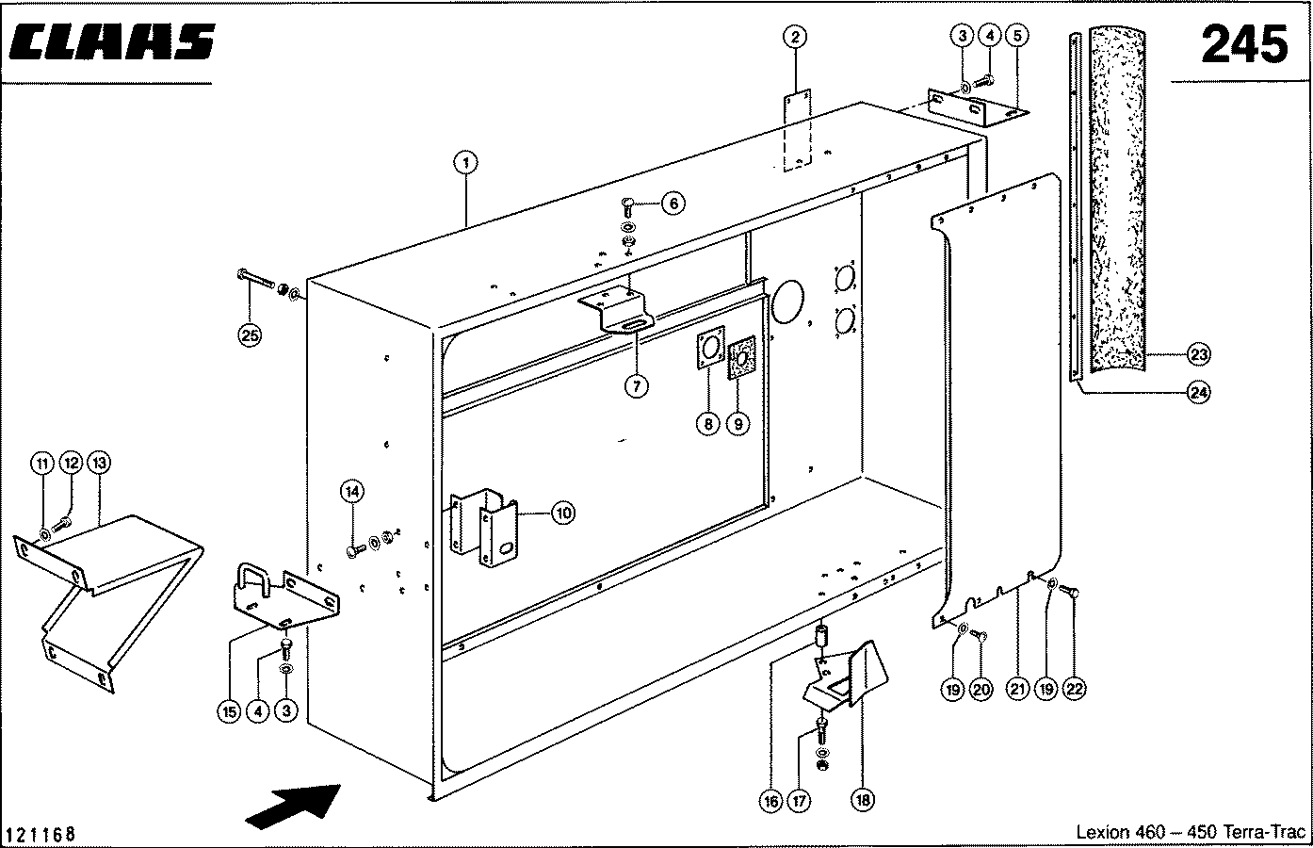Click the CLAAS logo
(x=112, y=41)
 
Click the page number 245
(x=1245, y=44)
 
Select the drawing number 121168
(x=41, y=833)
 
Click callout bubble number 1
(x=466, y=162)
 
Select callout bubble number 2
(x=795, y=38)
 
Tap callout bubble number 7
(x=637, y=386)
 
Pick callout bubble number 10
(x=563, y=514)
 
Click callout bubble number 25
(x=250, y=335)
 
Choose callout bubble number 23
(x=1199, y=354)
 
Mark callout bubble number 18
(x=862, y=800)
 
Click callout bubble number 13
(x=99, y=464)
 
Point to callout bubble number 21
(x=1017, y=689)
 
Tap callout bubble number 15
(x=229, y=712)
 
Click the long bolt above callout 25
(x=256, y=279)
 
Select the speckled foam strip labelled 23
(x=1117, y=200)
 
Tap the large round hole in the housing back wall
(x=788, y=302)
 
